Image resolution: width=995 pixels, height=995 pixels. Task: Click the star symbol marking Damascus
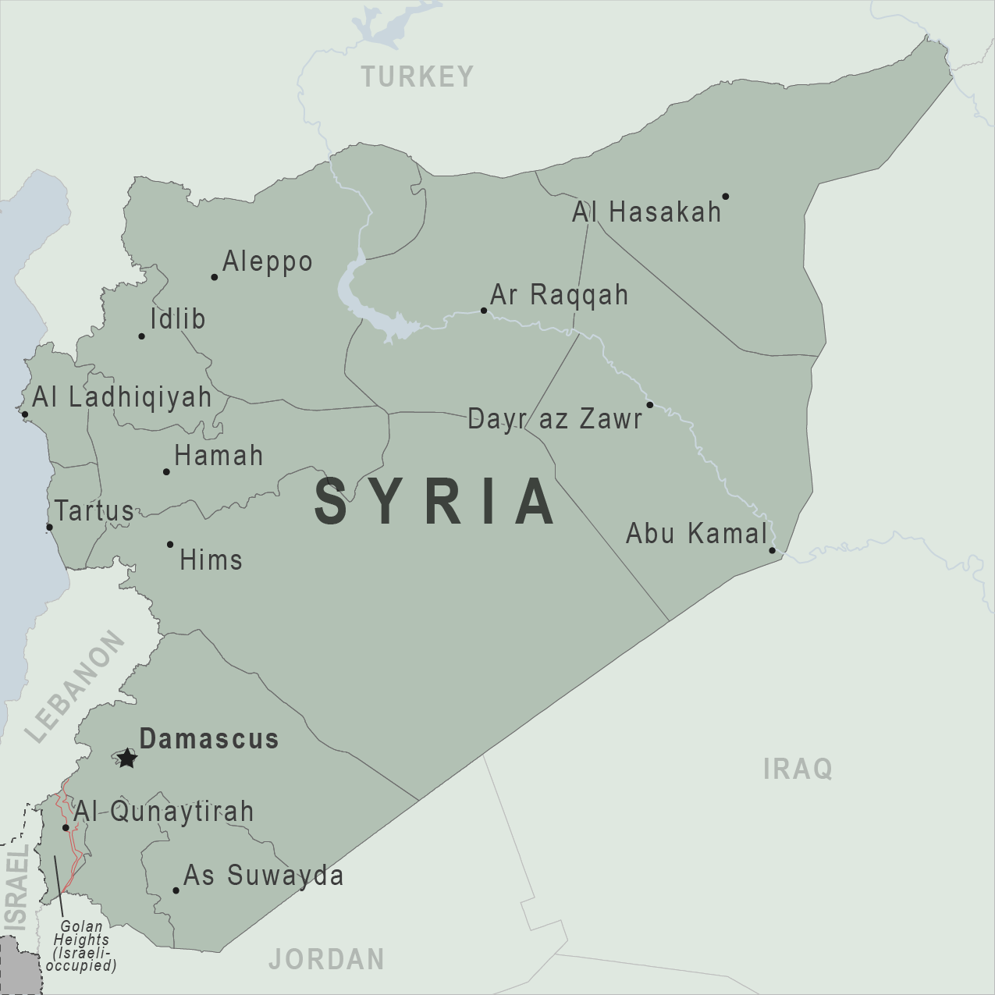[126, 758]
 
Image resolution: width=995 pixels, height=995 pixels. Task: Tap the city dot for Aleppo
[215, 277]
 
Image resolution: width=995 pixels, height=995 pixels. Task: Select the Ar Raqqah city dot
[484, 311]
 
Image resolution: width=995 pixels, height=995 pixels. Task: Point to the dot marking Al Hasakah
[725, 197]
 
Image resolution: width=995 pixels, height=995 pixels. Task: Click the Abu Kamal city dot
[772, 551]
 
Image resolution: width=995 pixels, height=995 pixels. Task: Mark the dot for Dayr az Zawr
[649, 405]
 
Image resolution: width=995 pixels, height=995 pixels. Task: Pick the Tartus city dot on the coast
[49, 528]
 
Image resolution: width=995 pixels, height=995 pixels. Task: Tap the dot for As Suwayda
[176, 890]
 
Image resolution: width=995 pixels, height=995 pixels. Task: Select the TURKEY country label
[417, 76]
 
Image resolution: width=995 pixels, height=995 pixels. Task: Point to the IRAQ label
[798, 769]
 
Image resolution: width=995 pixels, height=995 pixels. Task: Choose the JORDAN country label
[326, 958]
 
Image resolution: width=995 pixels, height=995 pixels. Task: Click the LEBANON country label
[75, 687]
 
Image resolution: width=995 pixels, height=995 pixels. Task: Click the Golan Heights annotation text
[81, 946]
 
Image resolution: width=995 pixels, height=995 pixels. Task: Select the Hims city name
[211, 560]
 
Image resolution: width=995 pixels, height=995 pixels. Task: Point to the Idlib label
[178, 318]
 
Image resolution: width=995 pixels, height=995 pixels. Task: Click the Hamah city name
[219, 456]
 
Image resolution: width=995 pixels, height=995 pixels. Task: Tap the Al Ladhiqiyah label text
[122, 396]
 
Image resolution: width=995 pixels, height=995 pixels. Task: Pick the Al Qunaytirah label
[164, 811]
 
